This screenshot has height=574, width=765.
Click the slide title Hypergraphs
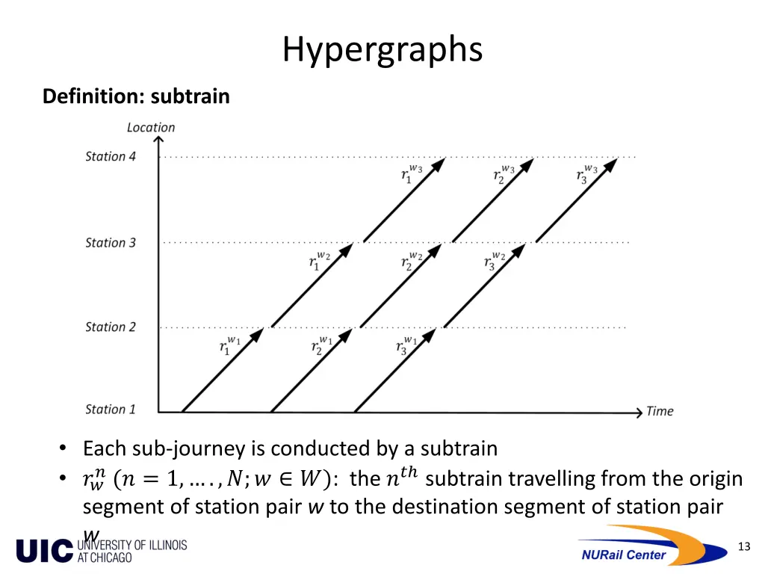tap(382, 50)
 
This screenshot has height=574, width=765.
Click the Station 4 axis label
tap(111, 156)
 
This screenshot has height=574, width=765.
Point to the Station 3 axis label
tap(111, 243)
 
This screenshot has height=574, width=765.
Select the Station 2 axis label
tap(111, 327)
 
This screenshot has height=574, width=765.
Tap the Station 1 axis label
tap(111, 409)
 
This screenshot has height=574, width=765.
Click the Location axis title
tap(151, 128)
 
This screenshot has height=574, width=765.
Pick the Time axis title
tap(660, 411)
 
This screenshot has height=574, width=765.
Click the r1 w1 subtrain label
tap(229, 346)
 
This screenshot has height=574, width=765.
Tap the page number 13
tap(743, 546)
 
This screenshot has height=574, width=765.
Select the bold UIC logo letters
tap(44, 551)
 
